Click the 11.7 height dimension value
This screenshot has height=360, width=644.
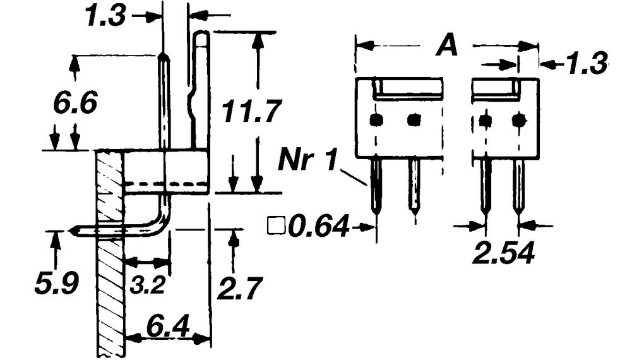tap(251, 112)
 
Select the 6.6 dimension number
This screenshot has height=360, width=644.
tap(75, 103)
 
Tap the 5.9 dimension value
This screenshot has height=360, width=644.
tap(56, 284)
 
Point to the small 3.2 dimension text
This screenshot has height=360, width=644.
tap(148, 285)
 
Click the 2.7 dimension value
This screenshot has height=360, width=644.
tap(239, 289)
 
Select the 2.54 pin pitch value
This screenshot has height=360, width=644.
tap(504, 254)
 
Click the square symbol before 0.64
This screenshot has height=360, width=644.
tap(275, 225)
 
